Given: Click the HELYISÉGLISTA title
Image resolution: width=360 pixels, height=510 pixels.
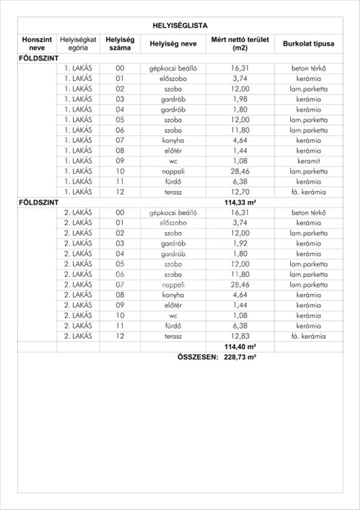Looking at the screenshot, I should tap(180, 25).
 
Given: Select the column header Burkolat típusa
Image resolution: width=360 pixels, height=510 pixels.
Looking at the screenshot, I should tap(308, 43).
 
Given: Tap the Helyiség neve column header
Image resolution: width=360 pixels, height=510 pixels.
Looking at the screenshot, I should tap(173, 44).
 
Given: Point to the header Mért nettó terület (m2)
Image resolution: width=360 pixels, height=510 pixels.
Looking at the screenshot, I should tap(240, 43).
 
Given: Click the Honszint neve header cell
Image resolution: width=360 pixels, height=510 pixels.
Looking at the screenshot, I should tap(37, 43).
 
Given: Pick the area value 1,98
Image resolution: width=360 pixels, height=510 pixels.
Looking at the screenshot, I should tap(240, 99).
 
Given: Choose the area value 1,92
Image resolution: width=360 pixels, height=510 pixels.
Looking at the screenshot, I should tap(240, 243).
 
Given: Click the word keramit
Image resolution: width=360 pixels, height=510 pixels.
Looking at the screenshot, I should tap(308, 161).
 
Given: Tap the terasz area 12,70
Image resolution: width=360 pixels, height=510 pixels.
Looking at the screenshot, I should tap(240, 192).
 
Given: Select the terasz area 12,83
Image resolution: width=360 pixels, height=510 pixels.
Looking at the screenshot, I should tap(240, 336).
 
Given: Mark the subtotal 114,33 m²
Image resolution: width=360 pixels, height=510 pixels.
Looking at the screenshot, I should tap(240, 202).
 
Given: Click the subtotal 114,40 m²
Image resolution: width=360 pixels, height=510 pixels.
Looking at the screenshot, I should tap(240, 347).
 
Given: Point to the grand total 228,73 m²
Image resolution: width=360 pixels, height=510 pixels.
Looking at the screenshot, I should tap(240, 357).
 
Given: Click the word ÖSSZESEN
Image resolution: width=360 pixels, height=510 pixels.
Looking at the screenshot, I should tap(197, 357).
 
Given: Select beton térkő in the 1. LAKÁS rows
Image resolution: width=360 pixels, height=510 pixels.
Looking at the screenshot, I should tap(308, 68).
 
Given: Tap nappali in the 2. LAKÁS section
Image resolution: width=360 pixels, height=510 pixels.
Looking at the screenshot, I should tap(173, 285).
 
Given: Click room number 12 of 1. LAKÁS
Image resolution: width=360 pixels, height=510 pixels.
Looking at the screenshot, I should tap(120, 192).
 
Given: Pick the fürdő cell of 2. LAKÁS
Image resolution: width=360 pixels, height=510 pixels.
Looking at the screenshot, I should tap(173, 326).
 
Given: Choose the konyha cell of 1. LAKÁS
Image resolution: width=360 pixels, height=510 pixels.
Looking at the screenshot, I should tap(173, 140).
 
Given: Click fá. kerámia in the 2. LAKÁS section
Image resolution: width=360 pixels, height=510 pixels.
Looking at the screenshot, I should tap(308, 336).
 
